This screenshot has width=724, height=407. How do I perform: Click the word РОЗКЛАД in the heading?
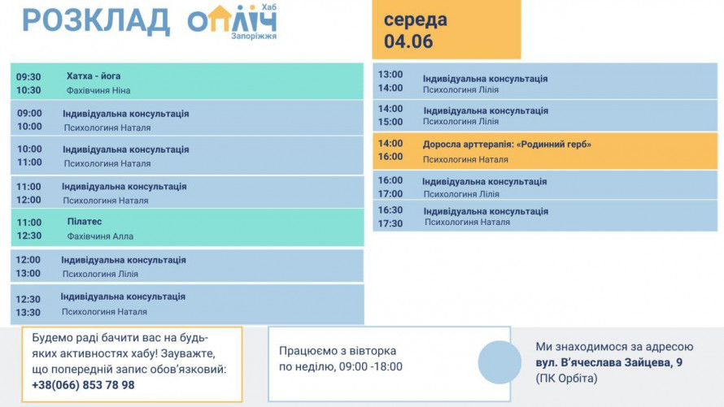tap(96, 21)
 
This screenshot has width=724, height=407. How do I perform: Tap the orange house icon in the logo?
tap(220, 19)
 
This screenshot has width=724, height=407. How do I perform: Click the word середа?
tap(415, 19)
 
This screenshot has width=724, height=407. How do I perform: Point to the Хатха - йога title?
tap(94, 76)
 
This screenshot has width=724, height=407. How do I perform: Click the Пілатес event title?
tap(85, 221)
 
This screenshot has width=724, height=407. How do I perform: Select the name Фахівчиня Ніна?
tap(98, 90)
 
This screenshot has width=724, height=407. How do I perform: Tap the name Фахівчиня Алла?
tap(100, 236)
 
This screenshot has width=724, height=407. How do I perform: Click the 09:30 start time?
tap(28, 77)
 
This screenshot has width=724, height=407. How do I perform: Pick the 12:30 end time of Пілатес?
tap(29, 236)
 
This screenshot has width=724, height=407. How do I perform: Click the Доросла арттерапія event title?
tap(507, 145)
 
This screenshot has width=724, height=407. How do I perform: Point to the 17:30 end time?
tap(390, 223)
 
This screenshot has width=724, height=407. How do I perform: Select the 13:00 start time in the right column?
tap(390, 74)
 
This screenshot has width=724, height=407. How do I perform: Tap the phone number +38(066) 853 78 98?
tap(83, 385)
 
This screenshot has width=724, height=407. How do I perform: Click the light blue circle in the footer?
tap(499, 362)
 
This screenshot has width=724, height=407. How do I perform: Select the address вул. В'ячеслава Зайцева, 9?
tap(609, 362)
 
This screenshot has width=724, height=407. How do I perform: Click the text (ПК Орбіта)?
tap(566, 378)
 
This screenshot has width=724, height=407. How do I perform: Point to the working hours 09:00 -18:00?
tap(371, 366)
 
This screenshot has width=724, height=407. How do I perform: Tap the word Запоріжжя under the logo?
tap(254, 36)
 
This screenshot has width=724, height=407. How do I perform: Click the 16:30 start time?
tap(390, 210)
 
